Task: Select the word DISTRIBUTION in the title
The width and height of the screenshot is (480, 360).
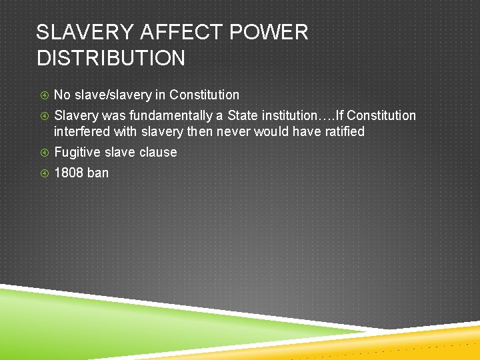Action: point(111,58)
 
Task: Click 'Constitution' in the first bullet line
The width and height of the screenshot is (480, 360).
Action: point(204,95)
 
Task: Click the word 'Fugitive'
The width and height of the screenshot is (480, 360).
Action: point(76,152)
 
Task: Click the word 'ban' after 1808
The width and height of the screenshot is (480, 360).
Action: point(97,173)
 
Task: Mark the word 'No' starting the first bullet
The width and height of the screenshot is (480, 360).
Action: point(62,95)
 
